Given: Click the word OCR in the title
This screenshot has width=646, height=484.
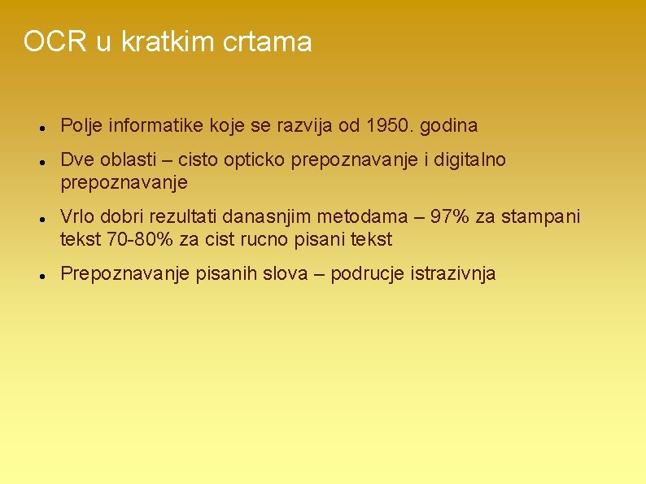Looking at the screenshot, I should [x=55, y=41].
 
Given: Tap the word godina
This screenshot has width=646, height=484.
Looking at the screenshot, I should [x=451, y=126].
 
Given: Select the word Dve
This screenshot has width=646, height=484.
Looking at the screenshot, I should [x=76, y=160].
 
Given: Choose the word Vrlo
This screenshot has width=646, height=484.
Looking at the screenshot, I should [x=77, y=217].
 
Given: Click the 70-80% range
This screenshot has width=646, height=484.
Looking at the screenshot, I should [x=130, y=239].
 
